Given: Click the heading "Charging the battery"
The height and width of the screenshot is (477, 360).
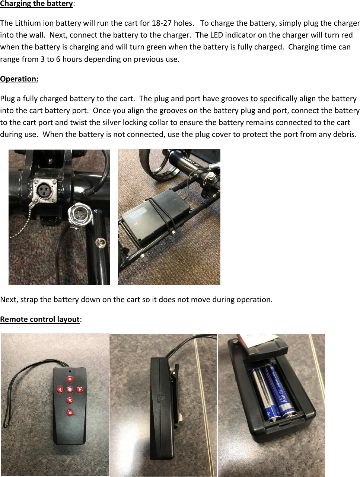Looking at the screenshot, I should [x=36, y=4].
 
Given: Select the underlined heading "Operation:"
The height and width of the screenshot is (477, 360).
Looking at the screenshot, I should [x=19, y=79].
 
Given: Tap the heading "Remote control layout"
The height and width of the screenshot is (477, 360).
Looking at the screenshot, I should [x=40, y=319].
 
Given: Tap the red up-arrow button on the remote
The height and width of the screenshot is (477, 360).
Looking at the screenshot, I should [x=70, y=379].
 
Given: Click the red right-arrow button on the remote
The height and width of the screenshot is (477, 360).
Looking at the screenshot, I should [x=80, y=390].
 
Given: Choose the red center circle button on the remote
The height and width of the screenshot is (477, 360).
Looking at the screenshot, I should [x=70, y=390].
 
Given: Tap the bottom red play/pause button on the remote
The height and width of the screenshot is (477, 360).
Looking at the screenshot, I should [x=70, y=412].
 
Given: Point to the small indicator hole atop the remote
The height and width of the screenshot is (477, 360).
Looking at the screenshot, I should [x=70, y=371].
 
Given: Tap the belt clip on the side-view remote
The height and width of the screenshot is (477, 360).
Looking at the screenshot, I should [x=175, y=394].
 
